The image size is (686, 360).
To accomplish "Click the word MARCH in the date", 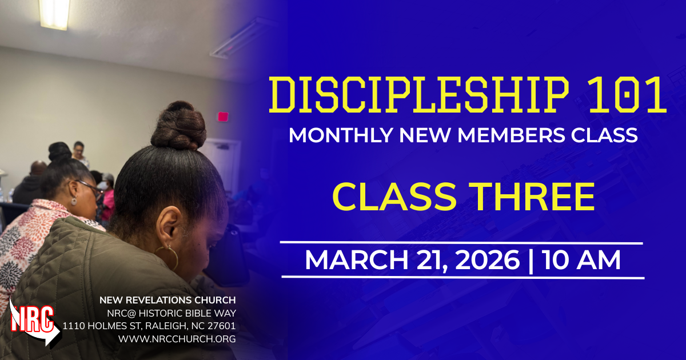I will click(x=351, y=261).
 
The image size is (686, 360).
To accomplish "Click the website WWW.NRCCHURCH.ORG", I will click(x=177, y=339).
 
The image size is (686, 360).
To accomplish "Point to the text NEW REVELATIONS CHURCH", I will click(x=167, y=300).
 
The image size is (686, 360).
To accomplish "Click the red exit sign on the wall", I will click(x=222, y=117).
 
